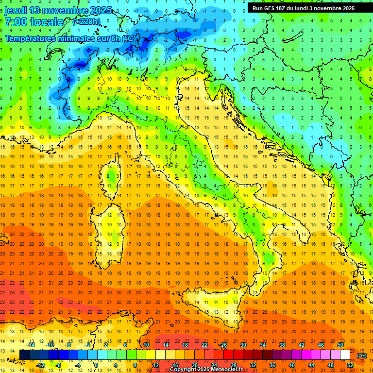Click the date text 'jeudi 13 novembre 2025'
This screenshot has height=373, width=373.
click(x=58, y=10)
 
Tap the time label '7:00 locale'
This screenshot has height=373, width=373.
click(x=34, y=22)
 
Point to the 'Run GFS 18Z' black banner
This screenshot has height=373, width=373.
click(x=303, y=8)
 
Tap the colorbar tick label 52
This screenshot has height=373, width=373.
click(x=350, y=365)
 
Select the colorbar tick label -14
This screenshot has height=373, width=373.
click(x=31, y=345)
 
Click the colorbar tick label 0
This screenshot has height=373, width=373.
click(x=96, y=365)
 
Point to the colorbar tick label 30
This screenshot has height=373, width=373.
click(x=243, y=345)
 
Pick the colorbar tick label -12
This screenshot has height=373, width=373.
click(x=40, y=365)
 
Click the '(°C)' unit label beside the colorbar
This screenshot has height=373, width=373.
click(x=362, y=355)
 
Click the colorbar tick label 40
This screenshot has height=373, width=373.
click(x=291, y=365)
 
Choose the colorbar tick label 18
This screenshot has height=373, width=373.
click(x=185, y=345)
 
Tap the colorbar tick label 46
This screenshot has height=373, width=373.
click(x=321, y=345)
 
